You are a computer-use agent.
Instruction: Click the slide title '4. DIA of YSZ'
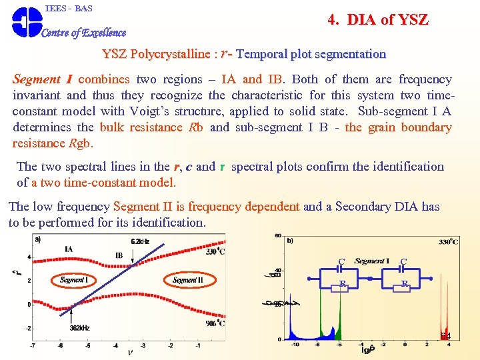click(x=377, y=20)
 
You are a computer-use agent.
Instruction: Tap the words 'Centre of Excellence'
click(x=84, y=33)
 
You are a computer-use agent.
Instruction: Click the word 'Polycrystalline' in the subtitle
click(x=170, y=54)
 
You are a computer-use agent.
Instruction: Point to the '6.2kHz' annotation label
click(x=140, y=241)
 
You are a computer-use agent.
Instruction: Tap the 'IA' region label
click(x=69, y=249)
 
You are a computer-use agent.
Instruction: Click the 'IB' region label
click(x=119, y=255)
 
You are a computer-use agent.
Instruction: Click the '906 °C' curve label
click(x=214, y=323)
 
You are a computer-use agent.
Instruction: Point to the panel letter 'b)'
click(x=290, y=241)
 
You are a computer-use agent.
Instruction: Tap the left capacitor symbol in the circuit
click(x=341, y=270)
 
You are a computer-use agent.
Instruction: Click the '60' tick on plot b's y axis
click(x=278, y=236)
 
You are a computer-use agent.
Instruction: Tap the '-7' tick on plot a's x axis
click(x=33, y=345)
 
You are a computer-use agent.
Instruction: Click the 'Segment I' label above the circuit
click(x=372, y=261)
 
